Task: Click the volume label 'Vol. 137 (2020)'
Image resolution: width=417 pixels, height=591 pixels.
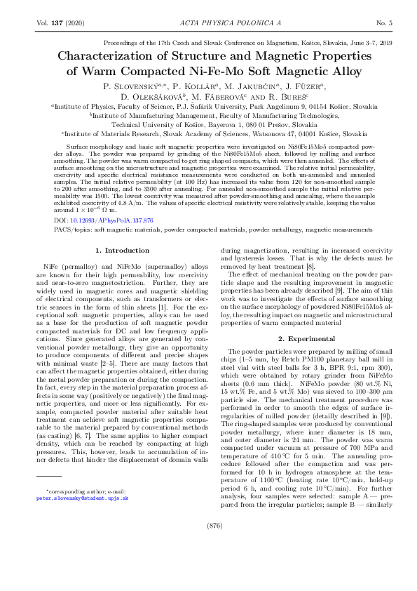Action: point(60,23)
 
